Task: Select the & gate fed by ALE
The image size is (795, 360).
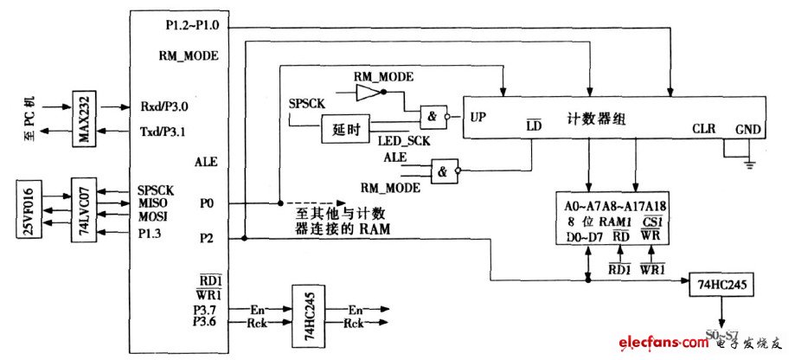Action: click(446, 170)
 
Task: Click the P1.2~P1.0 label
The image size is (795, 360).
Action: click(191, 25)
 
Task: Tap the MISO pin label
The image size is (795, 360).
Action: click(151, 202)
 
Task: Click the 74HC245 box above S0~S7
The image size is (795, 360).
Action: click(722, 283)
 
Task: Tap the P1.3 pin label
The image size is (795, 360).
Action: click(150, 232)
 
